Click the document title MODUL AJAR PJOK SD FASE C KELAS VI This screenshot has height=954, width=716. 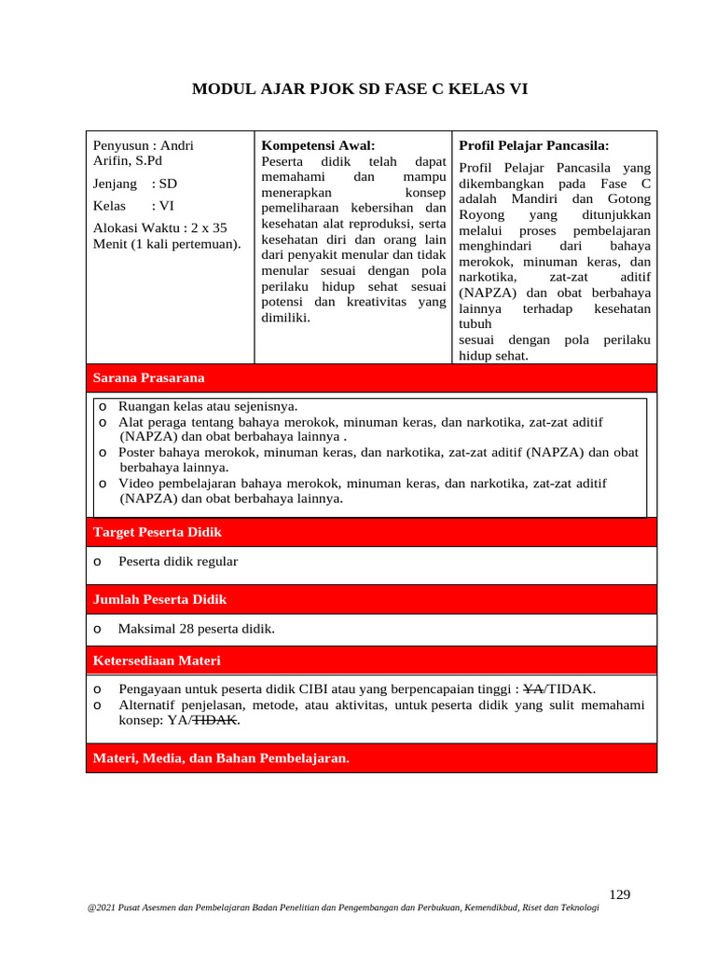tap(360, 90)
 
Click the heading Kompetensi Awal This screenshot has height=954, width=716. tap(318, 145)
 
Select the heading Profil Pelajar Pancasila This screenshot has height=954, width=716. tap(533, 145)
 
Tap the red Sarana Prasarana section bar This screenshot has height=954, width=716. tap(371, 377)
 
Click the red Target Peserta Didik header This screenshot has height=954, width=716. tap(371, 532)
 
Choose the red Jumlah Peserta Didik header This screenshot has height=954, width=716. tap(371, 599)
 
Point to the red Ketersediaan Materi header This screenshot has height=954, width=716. tap(371, 661)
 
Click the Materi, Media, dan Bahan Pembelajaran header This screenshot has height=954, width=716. tap(371, 758)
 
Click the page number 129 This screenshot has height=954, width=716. tap(619, 894)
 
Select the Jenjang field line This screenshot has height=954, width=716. tap(135, 184)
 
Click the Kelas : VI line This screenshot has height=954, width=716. tap(133, 206)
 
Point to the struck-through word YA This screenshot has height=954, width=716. tap(533, 689)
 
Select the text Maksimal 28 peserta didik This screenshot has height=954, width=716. tap(197, 629)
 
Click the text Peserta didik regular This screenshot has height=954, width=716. tap(178, 561)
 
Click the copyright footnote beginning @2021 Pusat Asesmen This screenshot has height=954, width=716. tap(342, 909)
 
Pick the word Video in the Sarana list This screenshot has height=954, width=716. tap(136, 484)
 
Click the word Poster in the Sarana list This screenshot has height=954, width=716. tap(139, 452)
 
